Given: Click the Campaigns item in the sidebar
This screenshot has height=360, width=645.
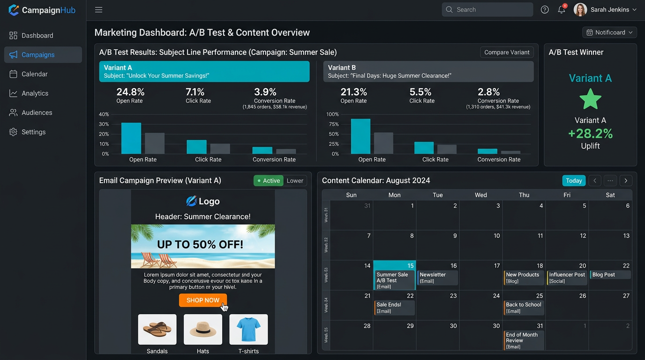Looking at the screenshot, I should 43,55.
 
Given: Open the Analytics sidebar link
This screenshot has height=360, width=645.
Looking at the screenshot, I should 35,93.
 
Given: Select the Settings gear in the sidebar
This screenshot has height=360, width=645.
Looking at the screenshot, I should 13,132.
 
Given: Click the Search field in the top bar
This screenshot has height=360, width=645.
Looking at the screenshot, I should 487,10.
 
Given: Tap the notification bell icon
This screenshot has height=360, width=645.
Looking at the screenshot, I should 561,10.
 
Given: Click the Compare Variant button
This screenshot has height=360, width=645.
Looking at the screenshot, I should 507,52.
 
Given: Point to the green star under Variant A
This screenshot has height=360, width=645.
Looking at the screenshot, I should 590,99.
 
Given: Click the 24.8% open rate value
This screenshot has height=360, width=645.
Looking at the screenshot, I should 130,92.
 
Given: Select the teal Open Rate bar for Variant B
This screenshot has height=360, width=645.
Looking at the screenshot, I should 360,136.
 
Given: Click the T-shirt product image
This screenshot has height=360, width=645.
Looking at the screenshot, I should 248,330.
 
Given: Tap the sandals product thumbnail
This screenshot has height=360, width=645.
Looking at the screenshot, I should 157,330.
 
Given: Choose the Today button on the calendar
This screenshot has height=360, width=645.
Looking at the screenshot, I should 574,180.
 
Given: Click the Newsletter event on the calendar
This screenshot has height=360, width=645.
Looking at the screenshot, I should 437,277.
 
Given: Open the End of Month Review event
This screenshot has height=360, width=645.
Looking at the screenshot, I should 524,340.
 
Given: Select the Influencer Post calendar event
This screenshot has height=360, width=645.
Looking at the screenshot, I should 567,277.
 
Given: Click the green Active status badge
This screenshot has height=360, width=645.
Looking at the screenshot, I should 269,180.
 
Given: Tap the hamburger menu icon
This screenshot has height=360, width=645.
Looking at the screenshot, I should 98,10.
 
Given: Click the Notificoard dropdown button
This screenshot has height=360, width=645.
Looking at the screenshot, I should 609,32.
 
